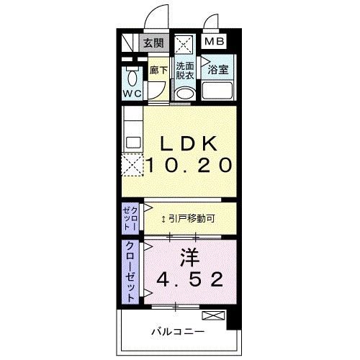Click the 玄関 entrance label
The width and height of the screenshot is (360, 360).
tap(153, 42)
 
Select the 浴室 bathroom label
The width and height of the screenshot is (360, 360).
tap(218, 71)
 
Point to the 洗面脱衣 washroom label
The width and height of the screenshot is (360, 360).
tap(185, 71)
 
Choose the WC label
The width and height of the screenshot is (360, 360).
tap(132, 94)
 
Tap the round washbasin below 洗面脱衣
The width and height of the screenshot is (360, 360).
tap(185, 94)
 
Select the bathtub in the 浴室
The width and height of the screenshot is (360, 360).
tap(219, 92)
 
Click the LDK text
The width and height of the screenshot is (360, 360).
tap(191, 142)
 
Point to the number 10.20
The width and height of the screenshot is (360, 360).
tap(191, 165)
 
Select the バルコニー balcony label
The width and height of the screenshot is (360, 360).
tap(177, 332)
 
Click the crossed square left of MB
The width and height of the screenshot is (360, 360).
tap(185, 42)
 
